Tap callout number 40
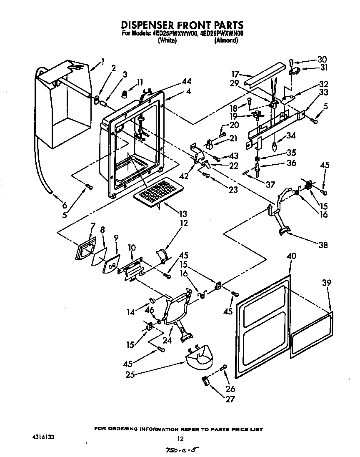[291, 256]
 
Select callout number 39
[327, 283]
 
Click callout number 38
[322, 245]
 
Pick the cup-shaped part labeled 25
[199, 357]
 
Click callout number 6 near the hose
[65, 205]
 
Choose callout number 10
[132, 247]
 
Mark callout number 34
[291, 136]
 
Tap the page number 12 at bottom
[180, 438]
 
